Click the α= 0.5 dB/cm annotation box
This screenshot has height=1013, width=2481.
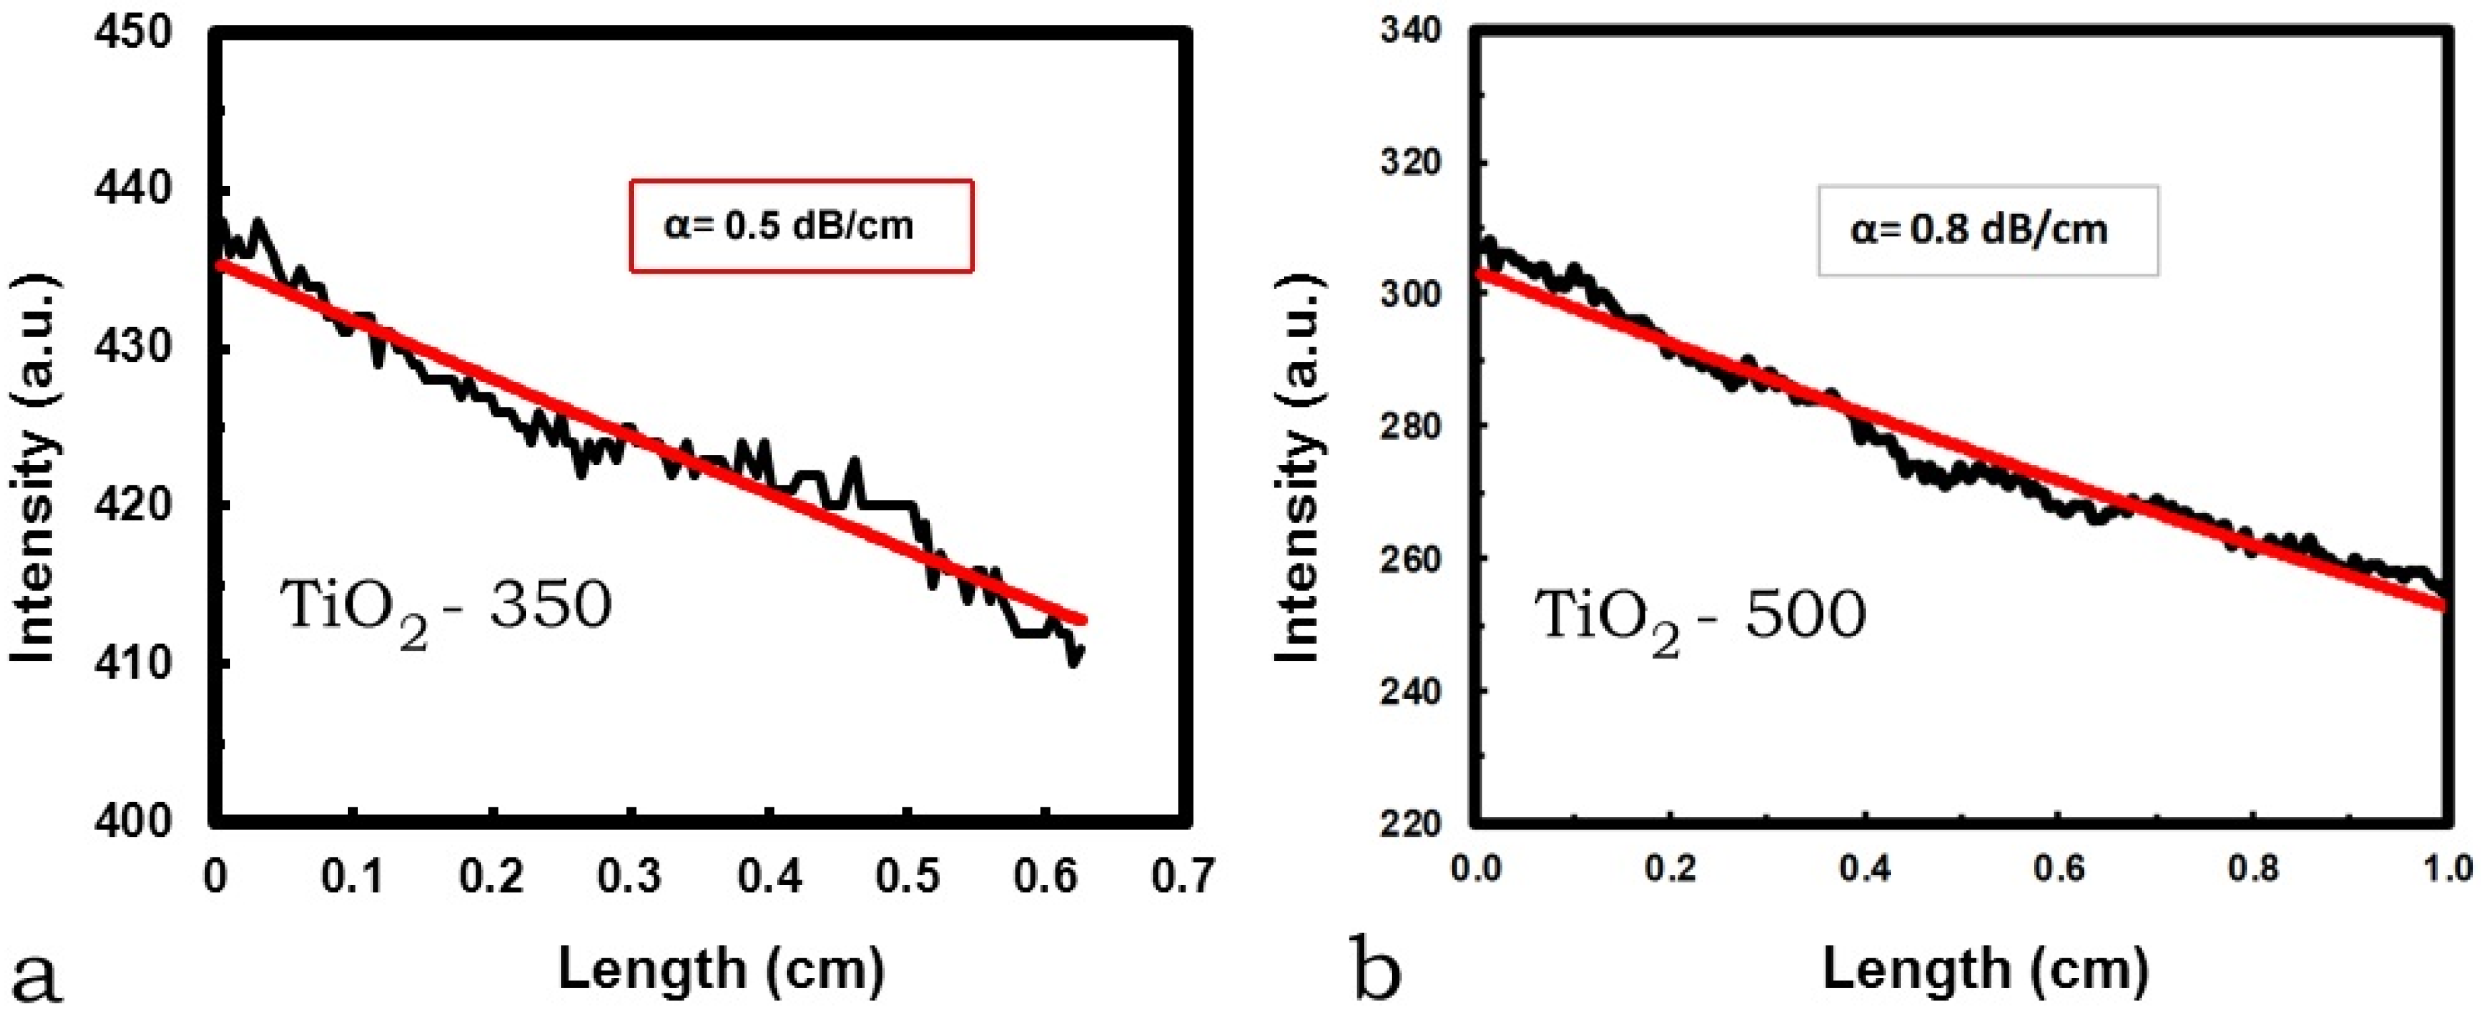click(801, 225)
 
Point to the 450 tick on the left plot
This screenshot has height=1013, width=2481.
click(133, 32)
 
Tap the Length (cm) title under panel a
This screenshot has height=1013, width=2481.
click(720, 969)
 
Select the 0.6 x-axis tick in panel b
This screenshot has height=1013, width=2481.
click(2058, 869)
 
